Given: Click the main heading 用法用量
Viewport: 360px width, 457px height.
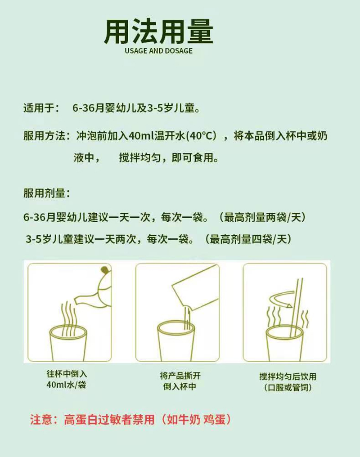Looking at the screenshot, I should coord(158,31).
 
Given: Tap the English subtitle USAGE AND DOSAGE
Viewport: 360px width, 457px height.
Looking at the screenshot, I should coord(158,51).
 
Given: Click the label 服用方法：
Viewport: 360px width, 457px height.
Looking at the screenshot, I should coord(46,135).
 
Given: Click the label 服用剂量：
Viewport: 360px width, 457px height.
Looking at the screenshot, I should coord(46,194).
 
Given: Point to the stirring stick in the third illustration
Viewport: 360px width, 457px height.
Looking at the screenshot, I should coord(296,310).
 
